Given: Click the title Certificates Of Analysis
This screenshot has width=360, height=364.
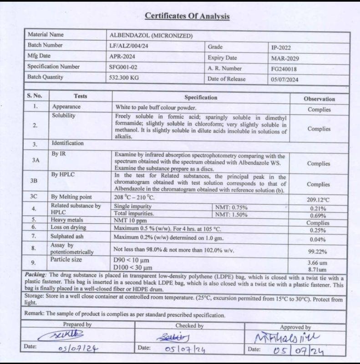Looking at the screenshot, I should pos(187,16).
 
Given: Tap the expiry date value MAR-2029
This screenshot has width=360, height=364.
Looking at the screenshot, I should pos(285,58).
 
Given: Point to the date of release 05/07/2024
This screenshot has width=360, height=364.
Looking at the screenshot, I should pos(286,79).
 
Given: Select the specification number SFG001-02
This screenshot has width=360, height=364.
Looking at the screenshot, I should pos(127,67).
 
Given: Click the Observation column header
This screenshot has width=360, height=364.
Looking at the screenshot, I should pos(319,99).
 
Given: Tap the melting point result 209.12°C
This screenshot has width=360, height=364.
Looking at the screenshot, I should pos(319,199).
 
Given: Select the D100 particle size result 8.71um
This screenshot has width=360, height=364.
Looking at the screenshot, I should pos(319,269).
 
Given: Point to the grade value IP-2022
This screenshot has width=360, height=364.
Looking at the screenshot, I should pos(281,47).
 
